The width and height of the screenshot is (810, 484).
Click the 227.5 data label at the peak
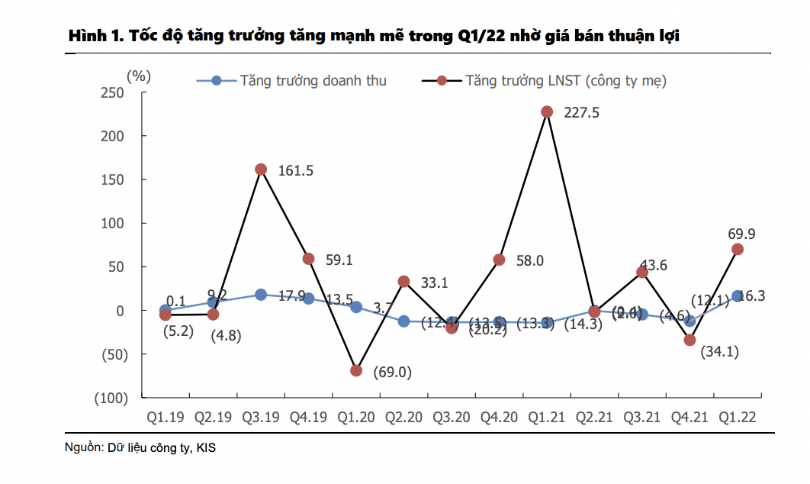(582, 113)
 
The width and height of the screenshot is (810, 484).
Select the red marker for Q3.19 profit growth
(261, 169)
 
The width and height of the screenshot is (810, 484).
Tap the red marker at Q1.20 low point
(356, 370)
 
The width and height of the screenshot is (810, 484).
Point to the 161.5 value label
(296, 171)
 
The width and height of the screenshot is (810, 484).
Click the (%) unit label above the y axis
(139, 76)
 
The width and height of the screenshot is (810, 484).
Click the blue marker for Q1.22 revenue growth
(738, 296)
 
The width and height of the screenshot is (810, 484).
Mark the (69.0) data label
(392, 373)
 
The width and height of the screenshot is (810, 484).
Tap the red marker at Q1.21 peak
(547, 111)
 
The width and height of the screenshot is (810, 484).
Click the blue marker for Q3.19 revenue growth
(261, 295)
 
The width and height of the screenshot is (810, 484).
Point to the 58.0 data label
(529, 261)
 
